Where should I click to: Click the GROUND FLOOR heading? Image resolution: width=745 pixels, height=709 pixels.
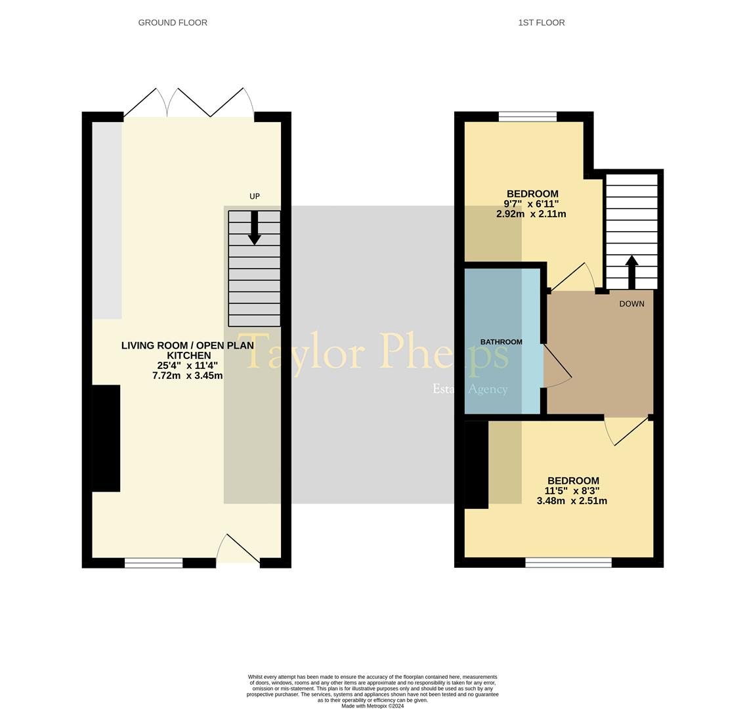click(x=173, y=22)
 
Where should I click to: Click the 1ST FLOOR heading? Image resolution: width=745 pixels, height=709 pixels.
click(x=541, y=22)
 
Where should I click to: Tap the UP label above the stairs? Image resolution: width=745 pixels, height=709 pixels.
click(x=255, y=196)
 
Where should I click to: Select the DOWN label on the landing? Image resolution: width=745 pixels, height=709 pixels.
click(x=631, y=304)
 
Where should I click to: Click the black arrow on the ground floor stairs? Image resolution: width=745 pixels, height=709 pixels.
click(x=255, y=228)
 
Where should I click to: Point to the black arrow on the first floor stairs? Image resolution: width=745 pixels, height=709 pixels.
click(x=631, y=271)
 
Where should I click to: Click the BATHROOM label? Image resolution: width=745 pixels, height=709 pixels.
click(x=501, y=342)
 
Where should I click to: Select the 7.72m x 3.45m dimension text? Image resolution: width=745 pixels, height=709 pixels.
click(x=187, y=376)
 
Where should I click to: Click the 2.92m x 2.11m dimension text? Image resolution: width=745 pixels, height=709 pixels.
click(x=531, y=214)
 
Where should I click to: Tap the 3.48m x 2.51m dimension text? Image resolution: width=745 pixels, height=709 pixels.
click(x=571, y=501)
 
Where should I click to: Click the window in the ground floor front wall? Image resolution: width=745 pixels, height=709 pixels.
click(x=154, y=563)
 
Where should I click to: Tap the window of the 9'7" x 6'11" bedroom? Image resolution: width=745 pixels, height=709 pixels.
click(x=527, y=117)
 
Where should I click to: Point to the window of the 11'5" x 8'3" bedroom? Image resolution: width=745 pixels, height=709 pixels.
click(x=568, y=563)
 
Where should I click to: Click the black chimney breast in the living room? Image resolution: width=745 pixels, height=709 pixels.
click(x=106, y=438)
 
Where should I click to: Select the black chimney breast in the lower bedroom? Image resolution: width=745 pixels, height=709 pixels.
click(x=476, y=464)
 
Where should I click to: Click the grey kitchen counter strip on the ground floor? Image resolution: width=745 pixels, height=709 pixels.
click(x=106, y=220)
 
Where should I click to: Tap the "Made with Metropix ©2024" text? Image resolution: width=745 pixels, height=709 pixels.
click(x=372, y=706)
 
